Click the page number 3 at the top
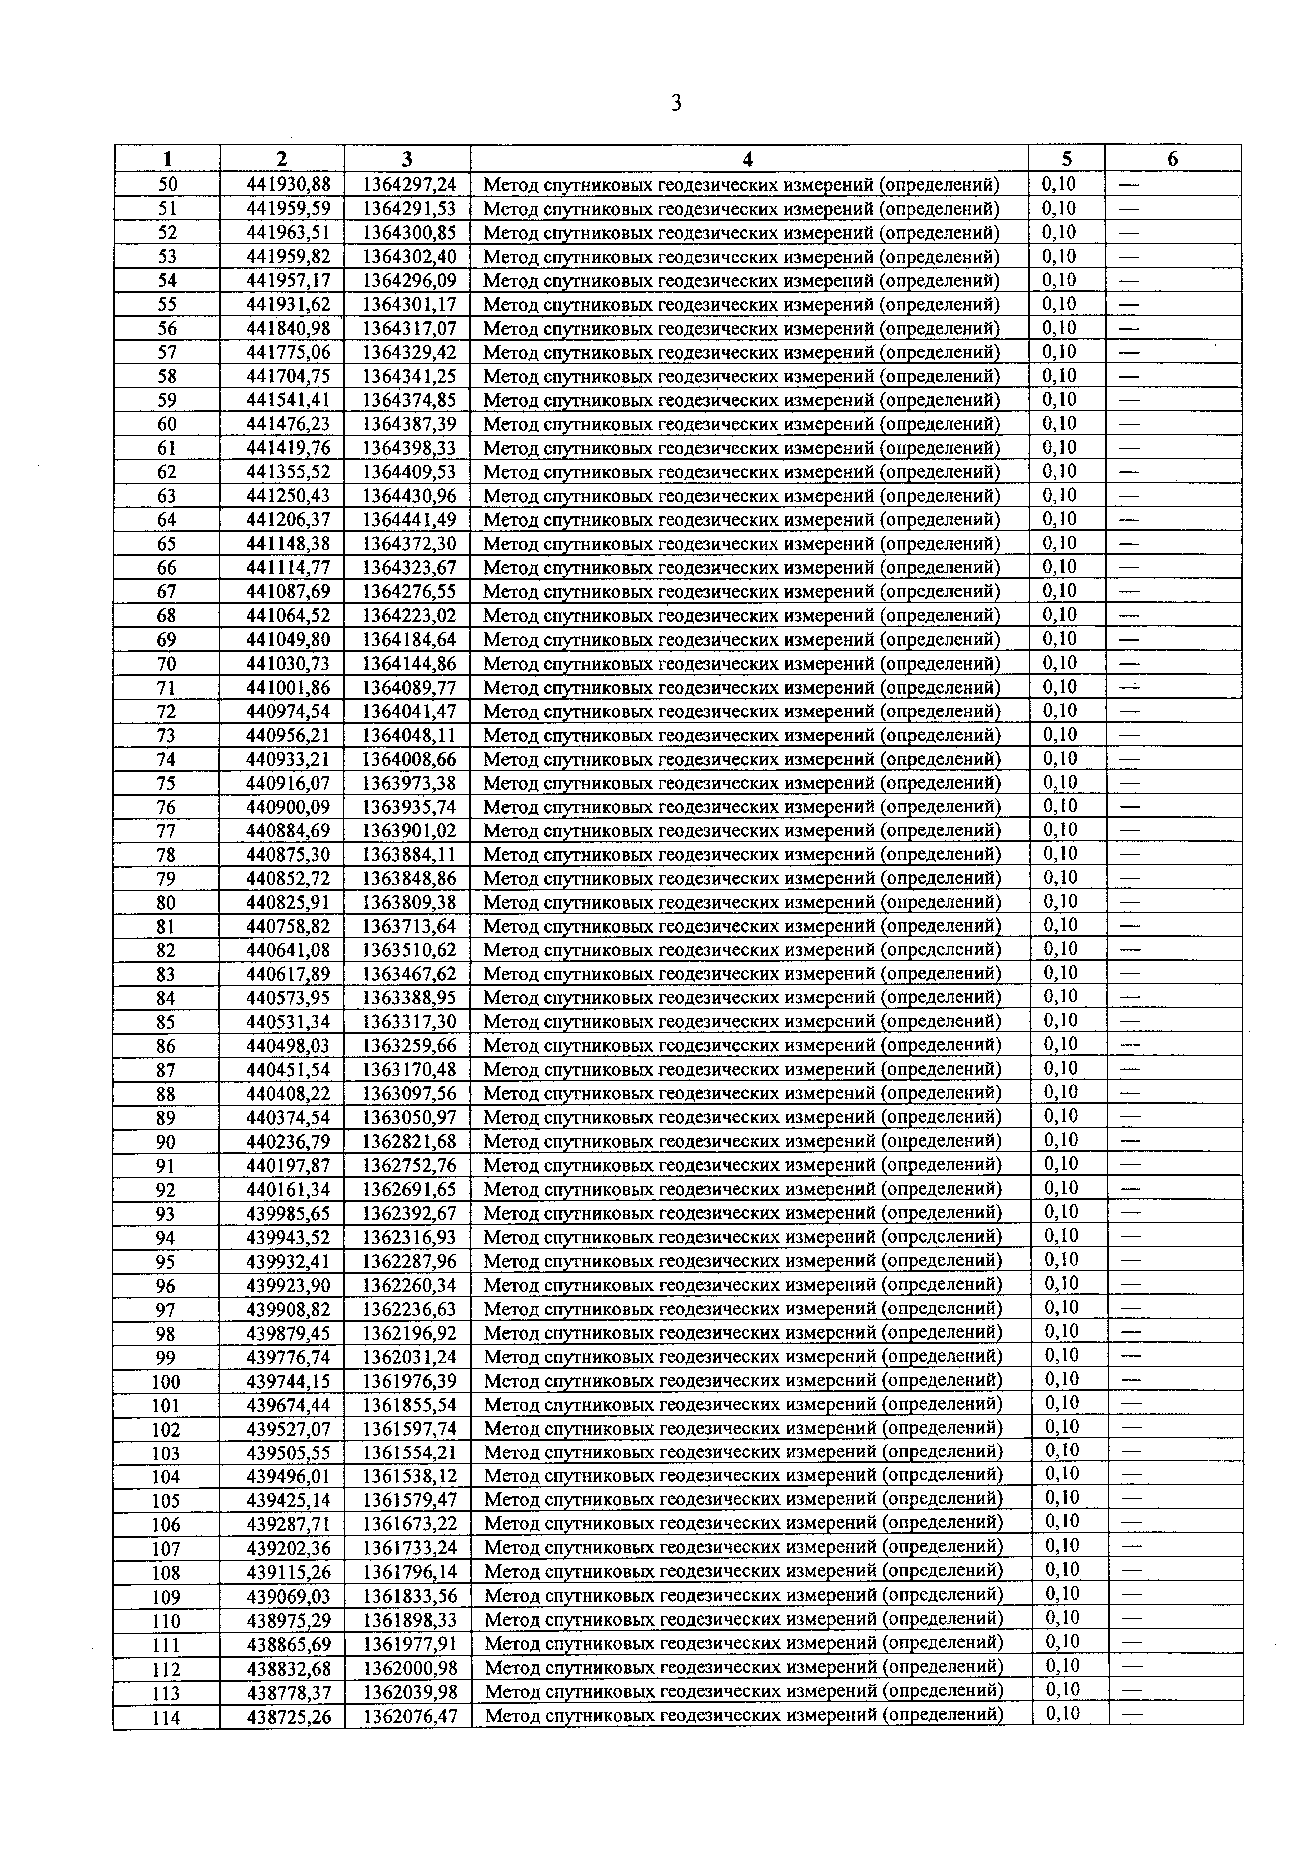675,103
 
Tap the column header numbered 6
1172,159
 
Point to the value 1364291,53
408,209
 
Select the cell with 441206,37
282,520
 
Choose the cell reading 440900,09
282,807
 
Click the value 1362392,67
408,1214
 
